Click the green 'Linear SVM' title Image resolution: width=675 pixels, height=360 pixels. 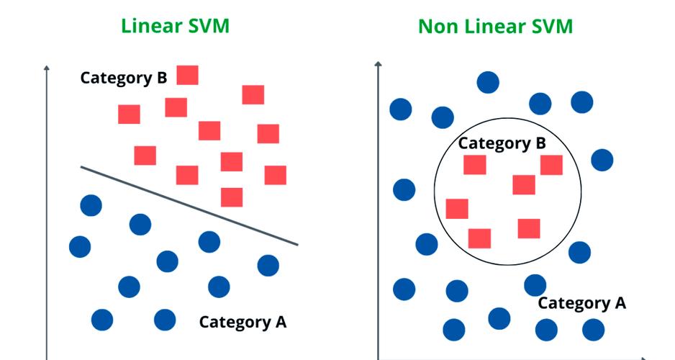coord(176,26)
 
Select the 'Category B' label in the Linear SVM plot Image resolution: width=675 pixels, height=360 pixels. coord(123,78)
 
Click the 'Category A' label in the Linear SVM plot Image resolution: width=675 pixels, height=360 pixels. coord(243,321)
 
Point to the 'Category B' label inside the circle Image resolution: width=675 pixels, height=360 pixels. coord(502,143)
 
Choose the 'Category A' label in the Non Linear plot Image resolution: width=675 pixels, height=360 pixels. coord(581,303)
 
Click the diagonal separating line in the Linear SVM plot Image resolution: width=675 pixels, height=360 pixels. coord(189,206)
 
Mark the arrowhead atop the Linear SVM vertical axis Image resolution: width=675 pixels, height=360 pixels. coord(46,68)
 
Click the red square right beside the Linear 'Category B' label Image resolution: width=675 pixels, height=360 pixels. coord(187,75)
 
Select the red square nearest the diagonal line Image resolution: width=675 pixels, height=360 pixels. coord(231,197)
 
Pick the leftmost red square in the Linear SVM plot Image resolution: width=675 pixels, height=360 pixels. coord(129,114)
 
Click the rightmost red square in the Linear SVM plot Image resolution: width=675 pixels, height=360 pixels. coord(275,175)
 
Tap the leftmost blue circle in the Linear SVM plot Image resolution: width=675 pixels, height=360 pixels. coord(80,247)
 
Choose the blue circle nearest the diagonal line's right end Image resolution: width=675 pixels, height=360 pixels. coord(268,265)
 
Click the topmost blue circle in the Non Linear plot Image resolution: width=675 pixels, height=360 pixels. coord(488,82)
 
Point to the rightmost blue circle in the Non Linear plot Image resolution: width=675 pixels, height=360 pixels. coord(602,160)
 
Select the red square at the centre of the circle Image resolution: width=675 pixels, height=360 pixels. coord(523,184)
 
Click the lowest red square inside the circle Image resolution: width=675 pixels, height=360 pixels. coord(479,238)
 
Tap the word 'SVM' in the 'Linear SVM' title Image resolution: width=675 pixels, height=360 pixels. coord(207,26)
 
